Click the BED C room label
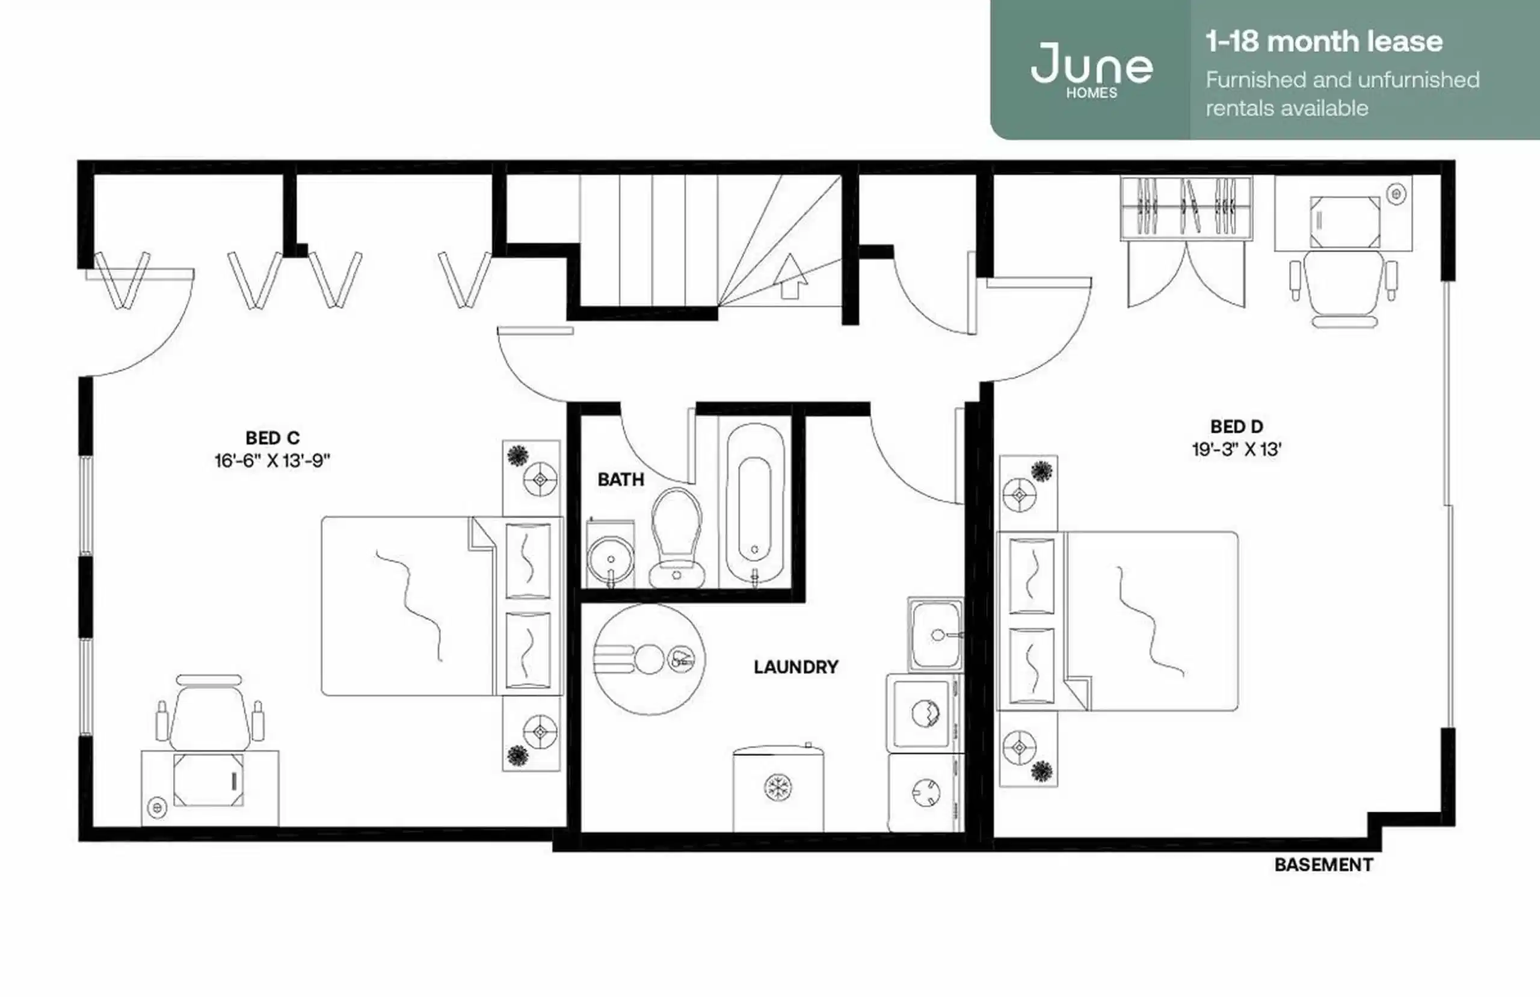(x=273, y=438)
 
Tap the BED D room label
(x=1237, y=427)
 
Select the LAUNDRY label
(x=796, y=667)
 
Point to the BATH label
(x=621, y=480)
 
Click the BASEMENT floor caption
(x=1323, y=865)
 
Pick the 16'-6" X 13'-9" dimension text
(x=273, y=461)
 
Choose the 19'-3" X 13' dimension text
(x=1237, y=449)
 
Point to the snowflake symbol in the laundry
(x=777, y=788)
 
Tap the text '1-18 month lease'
(x=1323, y=42)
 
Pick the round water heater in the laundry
(x=649, y=659)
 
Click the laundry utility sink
(x=935, y=634)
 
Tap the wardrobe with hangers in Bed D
(x=1186, y=207)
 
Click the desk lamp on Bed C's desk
(x=156, y=807)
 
